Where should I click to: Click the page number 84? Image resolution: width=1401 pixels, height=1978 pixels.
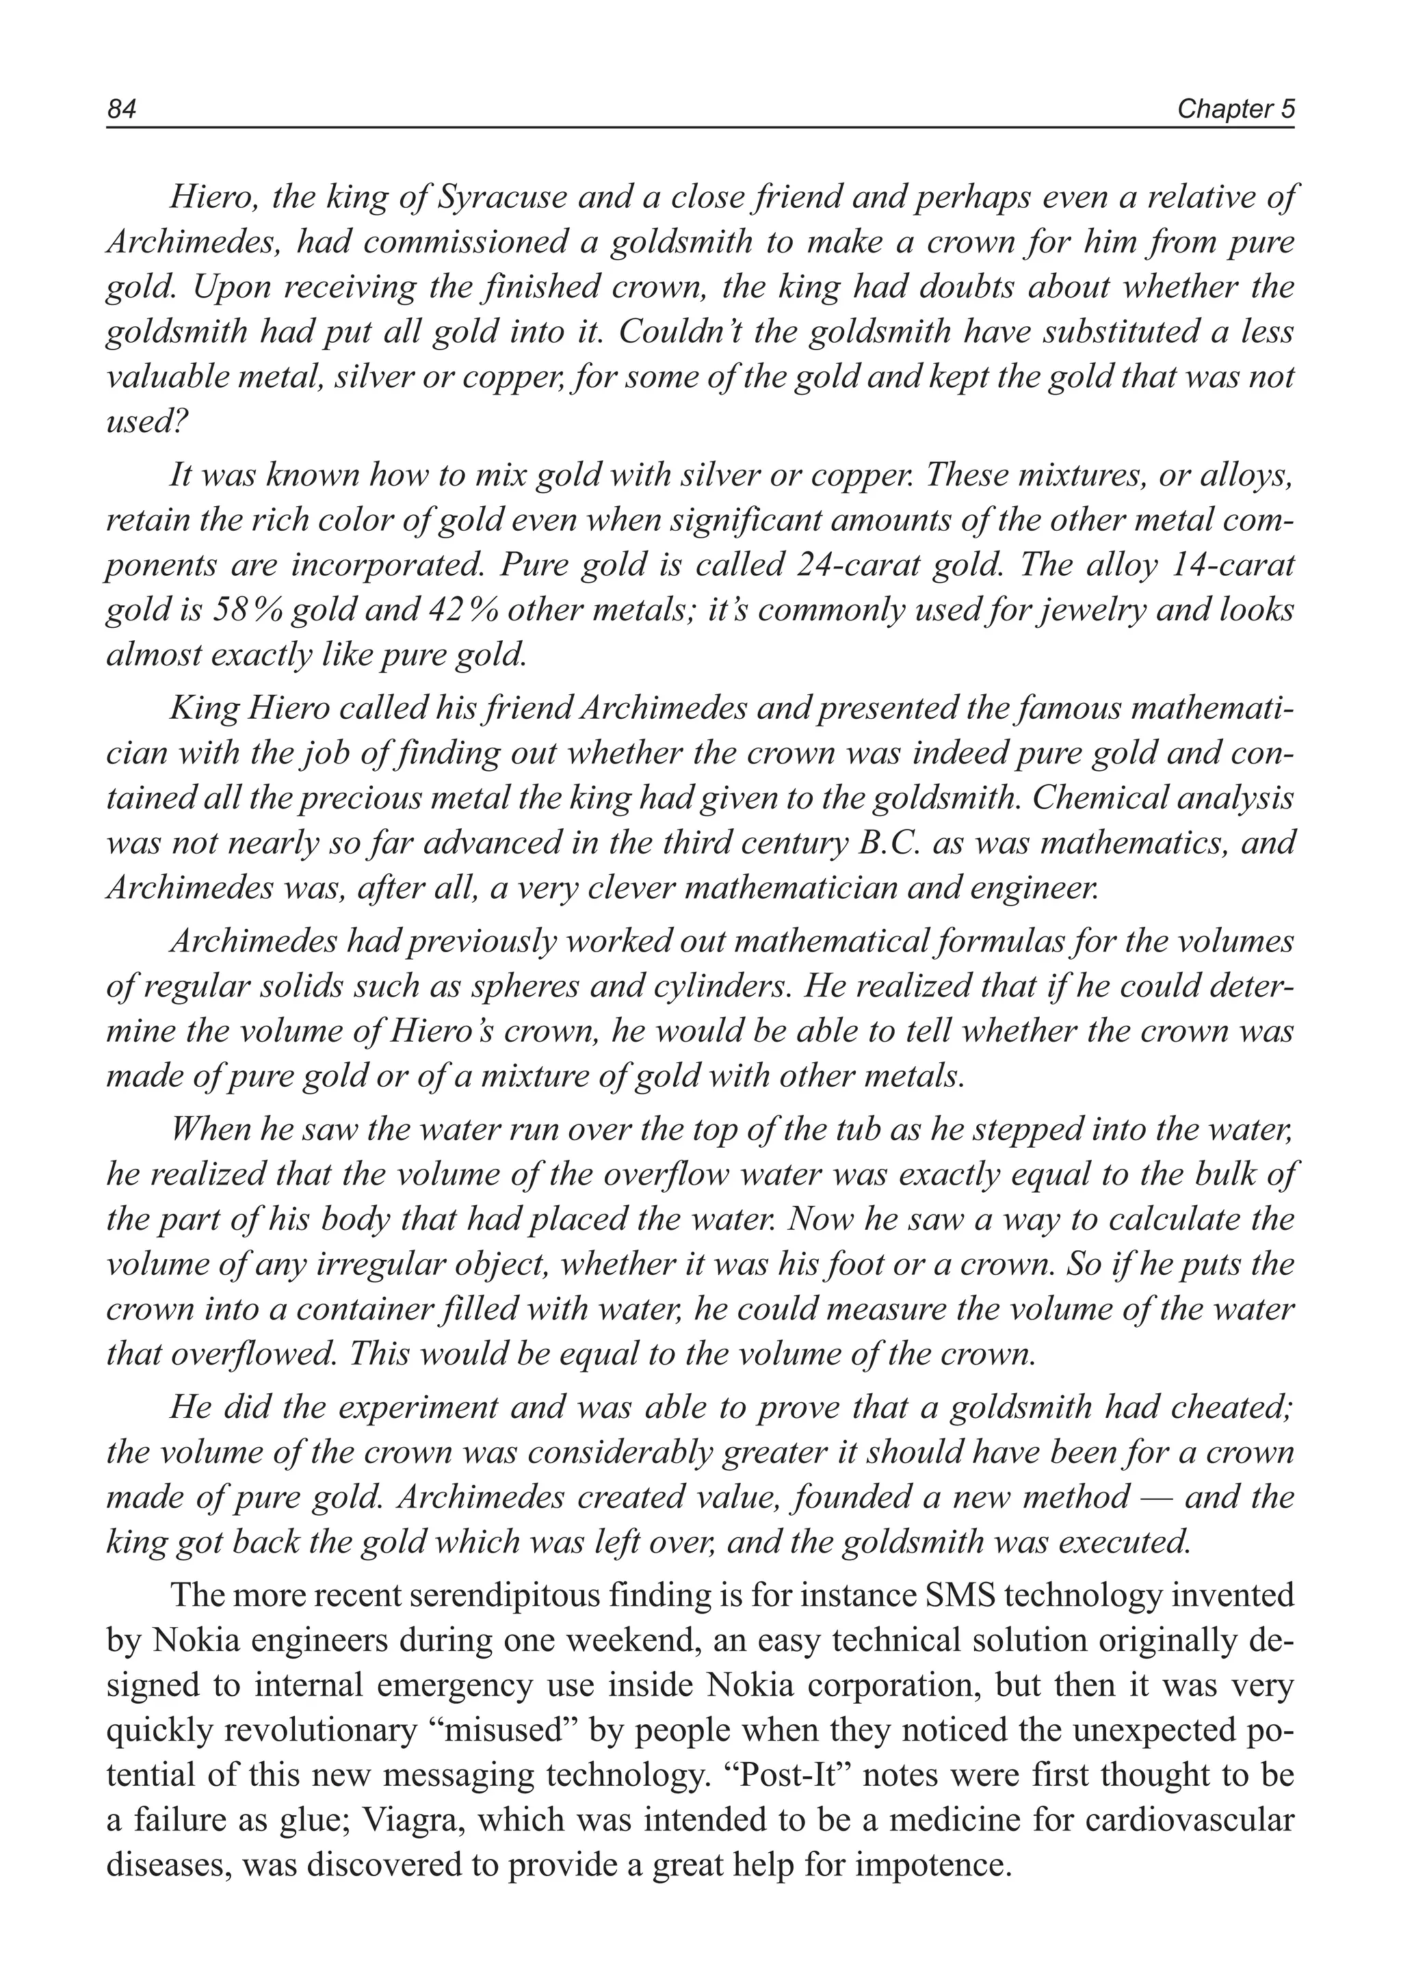[122, 109]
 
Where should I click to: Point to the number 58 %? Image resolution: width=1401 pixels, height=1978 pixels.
[248, 610]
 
